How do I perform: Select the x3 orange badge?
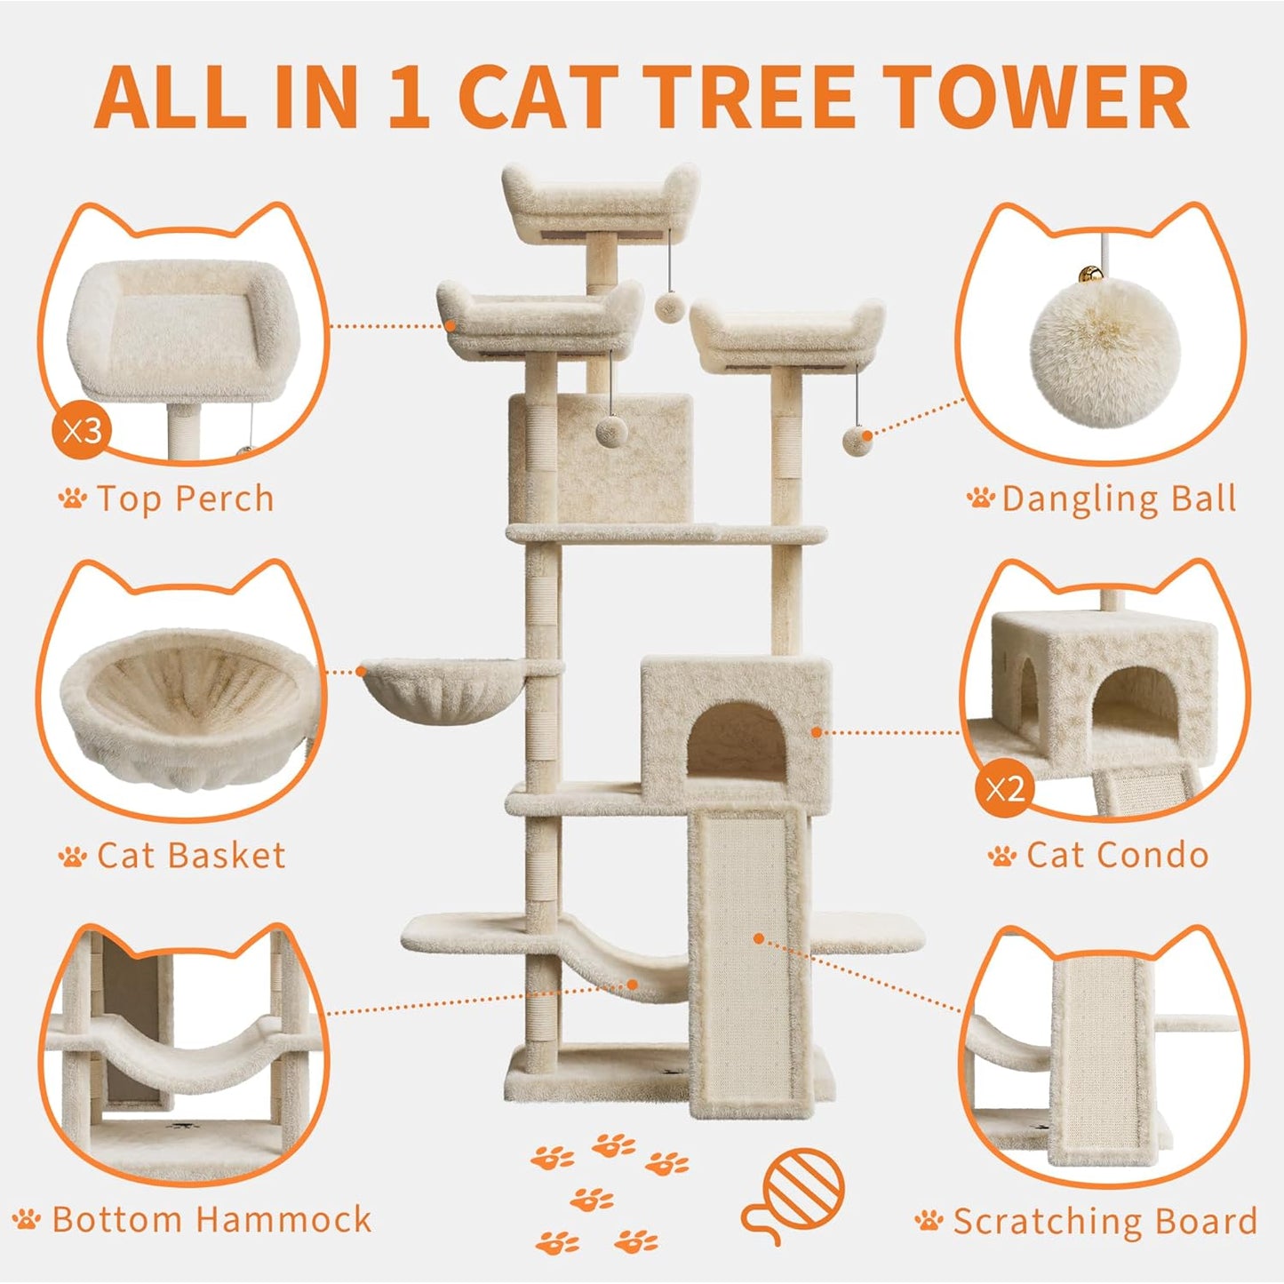[83, 432]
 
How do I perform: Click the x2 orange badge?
[1004, 788]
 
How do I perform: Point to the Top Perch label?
[185, 498]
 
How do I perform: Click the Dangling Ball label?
[1119, 498]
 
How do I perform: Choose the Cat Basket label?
[191, 856]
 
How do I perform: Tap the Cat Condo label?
[1117, 856]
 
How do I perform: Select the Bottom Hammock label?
[211, 1219]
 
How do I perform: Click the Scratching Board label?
[1105, 1221]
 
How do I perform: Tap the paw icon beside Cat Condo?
[1002, 857]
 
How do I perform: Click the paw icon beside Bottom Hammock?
[28, 1219]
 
